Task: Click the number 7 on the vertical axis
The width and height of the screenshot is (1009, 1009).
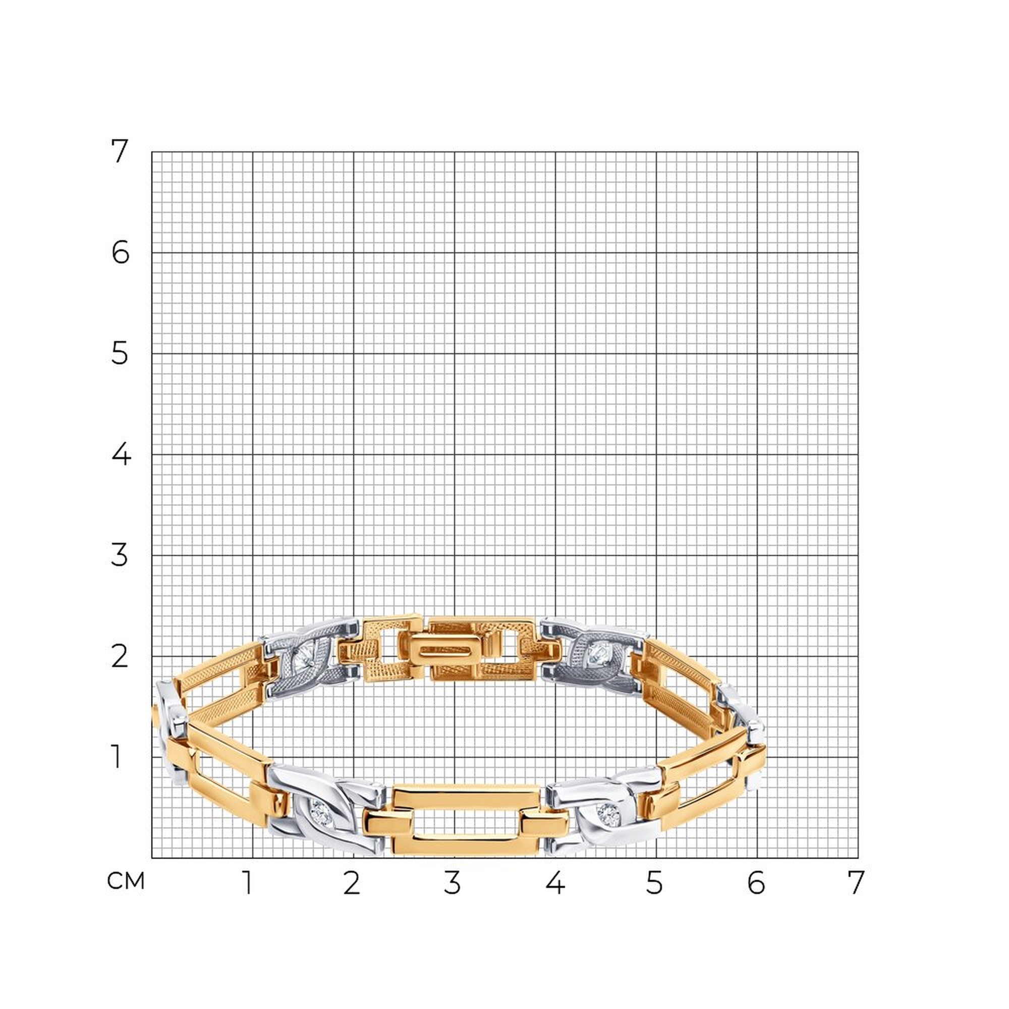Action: [x=120, y=151]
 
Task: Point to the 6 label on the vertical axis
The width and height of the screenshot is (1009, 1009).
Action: [x=121, y=253]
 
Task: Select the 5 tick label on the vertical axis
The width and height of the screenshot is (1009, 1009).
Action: [x=120, y=354]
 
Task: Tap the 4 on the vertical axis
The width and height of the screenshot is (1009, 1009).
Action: [x=121, y=455]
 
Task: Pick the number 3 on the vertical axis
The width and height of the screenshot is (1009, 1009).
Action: [x=120, y=555]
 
